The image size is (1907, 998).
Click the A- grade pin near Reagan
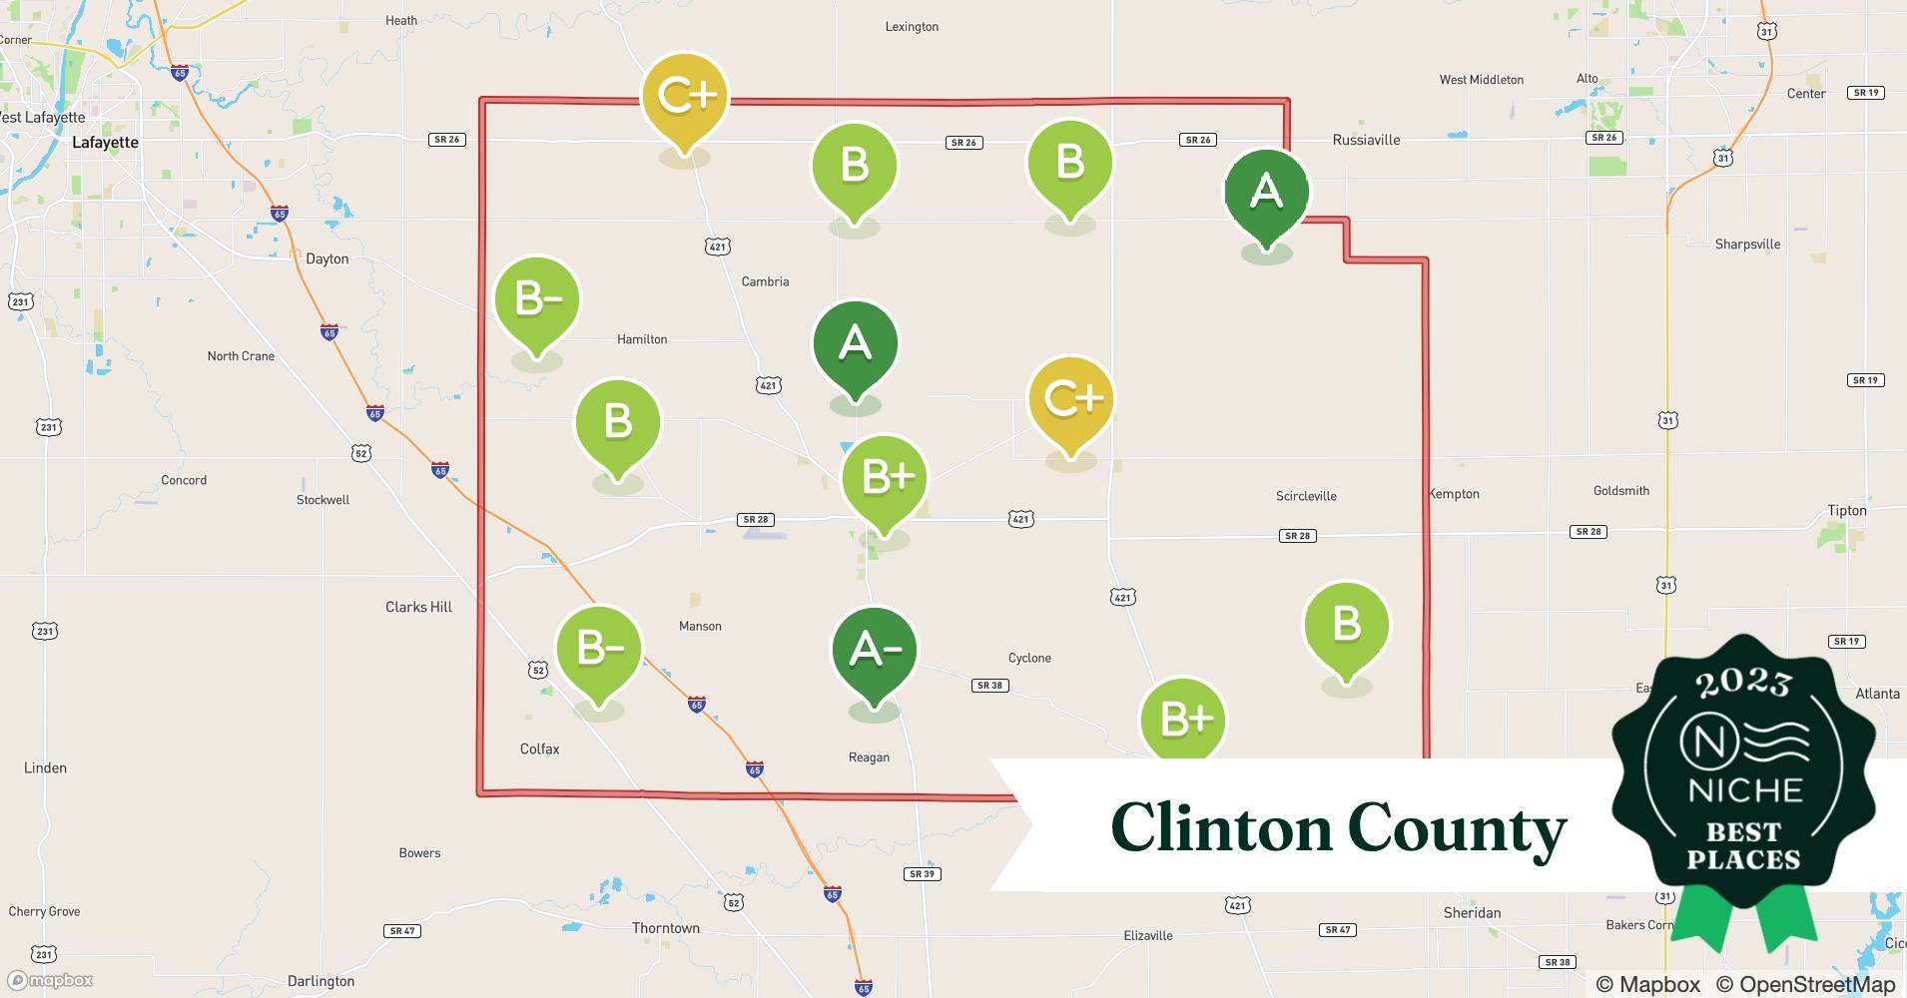coord(875,651)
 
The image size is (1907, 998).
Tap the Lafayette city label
coord(105,143)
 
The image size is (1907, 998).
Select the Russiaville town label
coord(1366,140)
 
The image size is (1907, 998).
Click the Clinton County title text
coord(1338,828)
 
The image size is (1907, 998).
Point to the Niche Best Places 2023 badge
coord(1743,778)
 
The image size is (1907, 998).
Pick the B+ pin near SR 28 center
coord(885,478)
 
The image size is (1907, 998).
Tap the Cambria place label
coord(765,281)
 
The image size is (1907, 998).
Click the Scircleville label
coord(1306,496)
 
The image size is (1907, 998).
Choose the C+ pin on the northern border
coord(685,96)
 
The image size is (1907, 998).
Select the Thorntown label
coord(666,928)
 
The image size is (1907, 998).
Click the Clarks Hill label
coord(418,607)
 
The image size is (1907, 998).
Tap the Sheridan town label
coord(1472,912)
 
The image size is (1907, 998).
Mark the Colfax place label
coord(539,748)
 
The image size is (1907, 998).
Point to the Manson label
coord(700,626)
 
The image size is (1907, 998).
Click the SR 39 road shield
coord(922,873)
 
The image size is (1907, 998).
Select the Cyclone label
coord(1029,658)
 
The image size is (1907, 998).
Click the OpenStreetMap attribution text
coord(1805,984)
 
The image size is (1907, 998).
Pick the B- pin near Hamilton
coord(537,299)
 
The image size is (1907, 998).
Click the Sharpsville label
coord(1747,244)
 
